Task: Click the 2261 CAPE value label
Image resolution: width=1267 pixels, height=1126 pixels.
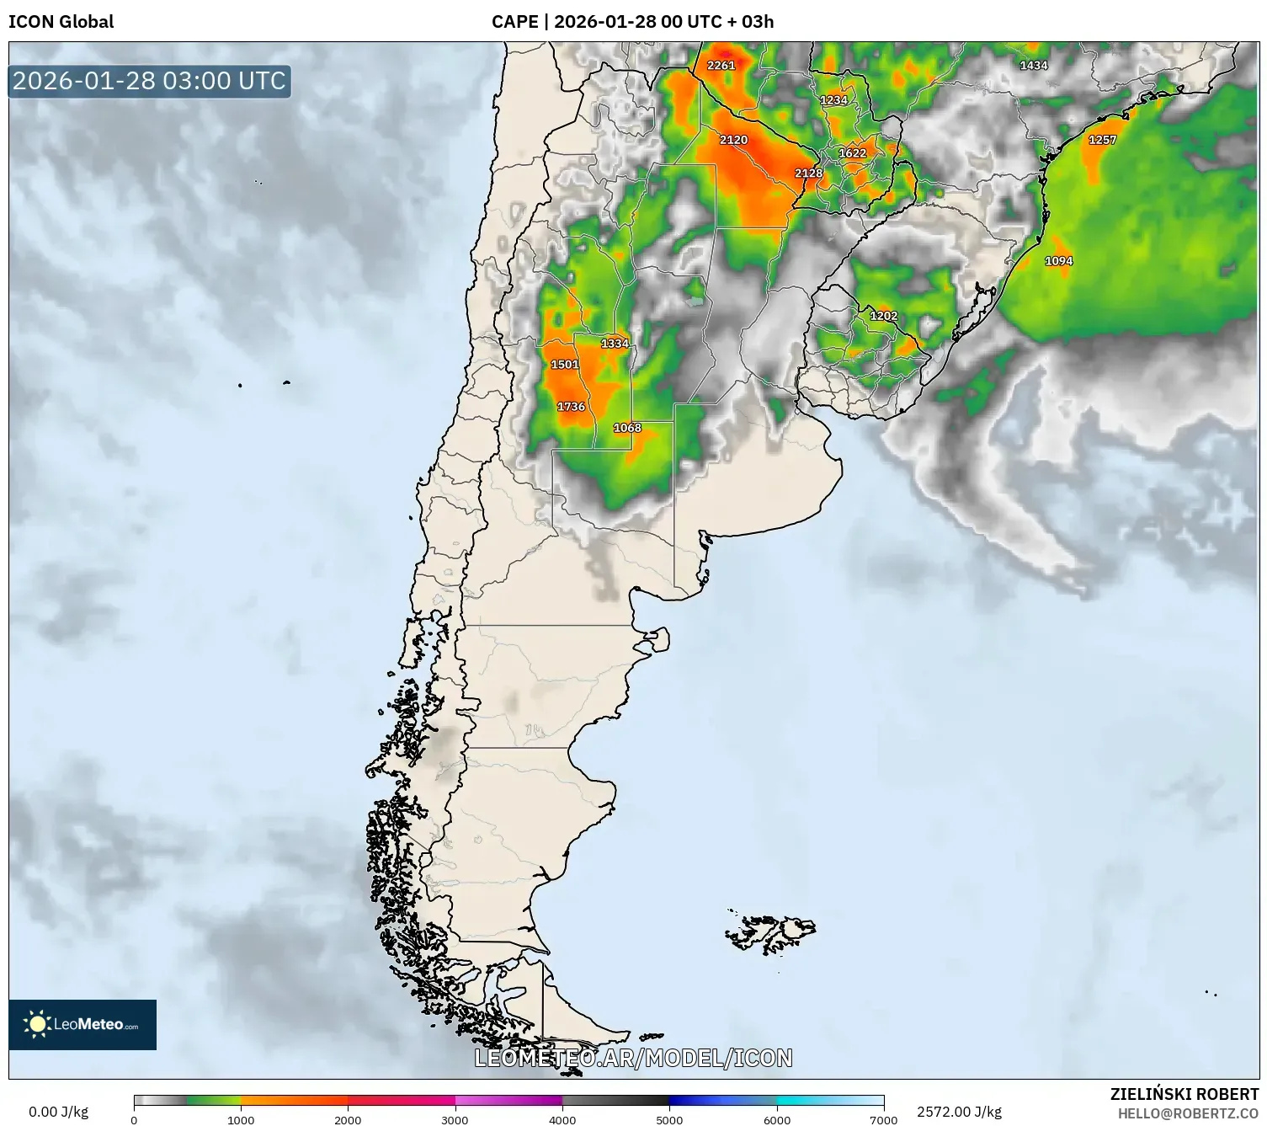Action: click(721, 65)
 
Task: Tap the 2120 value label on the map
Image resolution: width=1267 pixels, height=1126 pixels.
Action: click(733, 140)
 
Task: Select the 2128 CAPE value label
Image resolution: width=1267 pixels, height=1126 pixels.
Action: click(808, 173)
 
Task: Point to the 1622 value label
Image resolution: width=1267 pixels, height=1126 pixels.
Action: click(852, 153)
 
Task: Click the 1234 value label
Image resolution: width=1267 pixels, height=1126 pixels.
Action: click(833, 100)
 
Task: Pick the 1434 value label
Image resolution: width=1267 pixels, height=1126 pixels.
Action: click(1033, 66)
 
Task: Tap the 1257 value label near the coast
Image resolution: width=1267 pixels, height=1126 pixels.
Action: click(1102, 140)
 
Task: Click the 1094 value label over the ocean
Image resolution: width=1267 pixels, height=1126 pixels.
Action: click(1058, 261)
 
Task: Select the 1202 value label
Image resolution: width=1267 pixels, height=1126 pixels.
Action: click(883, 316)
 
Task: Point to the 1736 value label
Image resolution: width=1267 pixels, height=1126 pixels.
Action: click(571, 407)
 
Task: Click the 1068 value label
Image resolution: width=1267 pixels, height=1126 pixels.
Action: click(627, 428)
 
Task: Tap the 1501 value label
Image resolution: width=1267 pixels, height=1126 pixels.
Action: click(564, 365)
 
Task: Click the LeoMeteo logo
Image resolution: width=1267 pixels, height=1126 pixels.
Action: click(83, 1024)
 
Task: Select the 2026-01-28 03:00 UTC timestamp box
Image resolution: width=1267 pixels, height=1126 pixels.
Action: click(150, 81)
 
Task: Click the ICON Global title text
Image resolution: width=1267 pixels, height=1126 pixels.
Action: click(61, 21)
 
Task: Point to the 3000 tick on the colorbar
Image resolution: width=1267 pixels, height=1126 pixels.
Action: click(455, 1119)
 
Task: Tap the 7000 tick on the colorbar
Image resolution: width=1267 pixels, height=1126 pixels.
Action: click(883, 1119)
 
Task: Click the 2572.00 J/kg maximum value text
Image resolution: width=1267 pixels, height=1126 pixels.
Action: click(959, 1112)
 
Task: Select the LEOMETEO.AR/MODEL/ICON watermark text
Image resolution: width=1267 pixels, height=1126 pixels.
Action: click(633, 1058)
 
